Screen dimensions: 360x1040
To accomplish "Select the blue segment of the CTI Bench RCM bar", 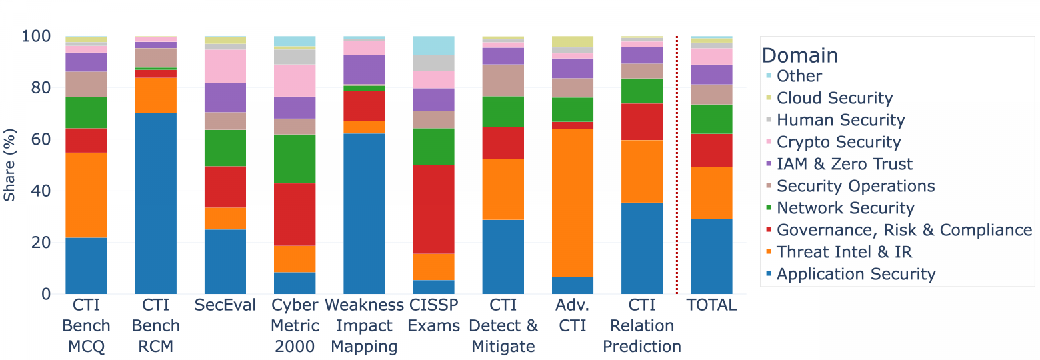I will tap(156, 203).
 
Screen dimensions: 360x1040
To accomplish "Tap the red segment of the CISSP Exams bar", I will tap(433, 209).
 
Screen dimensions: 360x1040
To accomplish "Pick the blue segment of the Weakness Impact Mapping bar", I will tap(364, 213).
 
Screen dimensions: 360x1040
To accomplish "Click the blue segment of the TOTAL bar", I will tap(711, 256).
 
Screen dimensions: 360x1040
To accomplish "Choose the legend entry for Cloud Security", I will tap(834, 98).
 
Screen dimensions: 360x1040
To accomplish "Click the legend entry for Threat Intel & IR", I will tap(844, 252).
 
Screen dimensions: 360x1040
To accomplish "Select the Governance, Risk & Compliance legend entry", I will tap(904, 230).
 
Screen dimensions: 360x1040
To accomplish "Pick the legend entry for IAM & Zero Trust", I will tap(845, 164).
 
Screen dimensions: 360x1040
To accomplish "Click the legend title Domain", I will tap(800, 55).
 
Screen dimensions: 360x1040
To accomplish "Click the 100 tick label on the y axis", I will tap(36, 36).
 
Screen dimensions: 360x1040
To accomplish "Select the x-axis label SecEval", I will tap(225, 305).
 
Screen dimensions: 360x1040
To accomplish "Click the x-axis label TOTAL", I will tap(711, 305).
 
